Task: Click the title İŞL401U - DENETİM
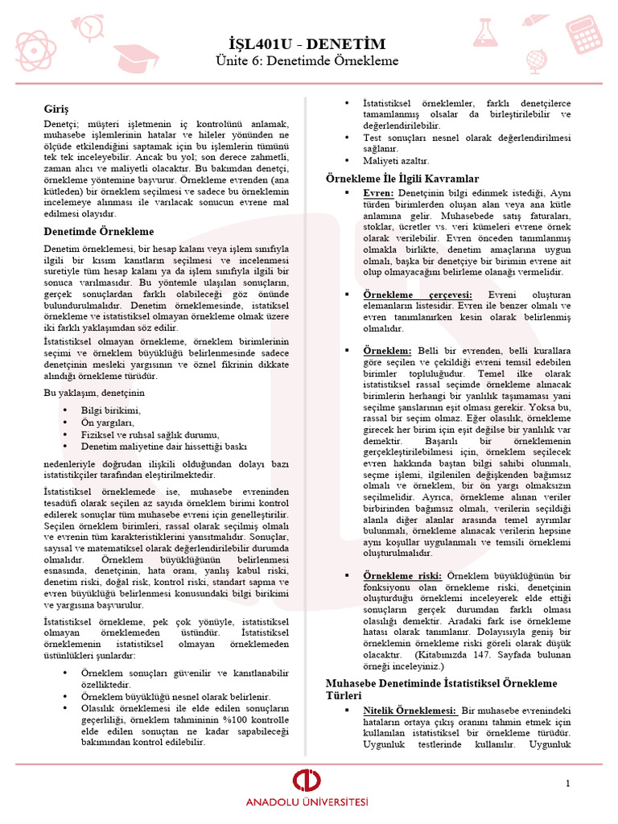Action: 306,43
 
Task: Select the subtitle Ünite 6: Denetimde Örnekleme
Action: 306,61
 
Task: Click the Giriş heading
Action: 56,108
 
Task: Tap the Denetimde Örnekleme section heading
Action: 98,232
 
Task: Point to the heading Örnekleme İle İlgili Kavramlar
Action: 402,178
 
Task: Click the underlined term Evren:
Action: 378,194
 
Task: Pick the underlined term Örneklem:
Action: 387,351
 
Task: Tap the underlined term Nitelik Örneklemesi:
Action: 410,711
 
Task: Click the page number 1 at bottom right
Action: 567,783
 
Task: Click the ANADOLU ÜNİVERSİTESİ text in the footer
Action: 307,803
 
